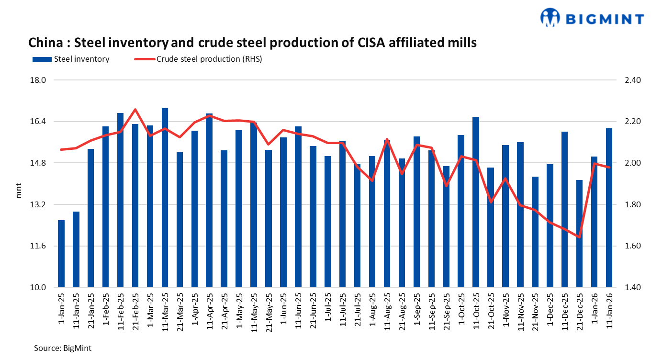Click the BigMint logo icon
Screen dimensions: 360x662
[550, 18]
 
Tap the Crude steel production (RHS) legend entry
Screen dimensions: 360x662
[196, 59]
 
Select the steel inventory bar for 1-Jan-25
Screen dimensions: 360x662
[61, 254]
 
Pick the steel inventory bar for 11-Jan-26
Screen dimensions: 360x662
[609, 208]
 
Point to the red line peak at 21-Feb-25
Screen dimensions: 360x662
[135, 110]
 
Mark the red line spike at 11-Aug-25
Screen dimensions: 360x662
[387, 139]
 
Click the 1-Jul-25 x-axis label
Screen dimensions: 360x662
[328, 309]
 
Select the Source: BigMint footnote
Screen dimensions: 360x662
[62, 348]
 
